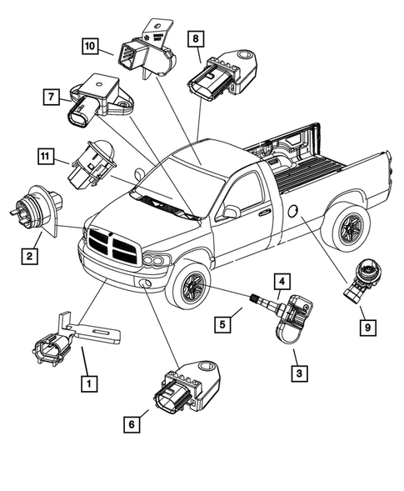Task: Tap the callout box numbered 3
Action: [297, 374]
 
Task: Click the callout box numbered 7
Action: [52, 98]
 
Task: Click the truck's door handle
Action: [264, 213]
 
